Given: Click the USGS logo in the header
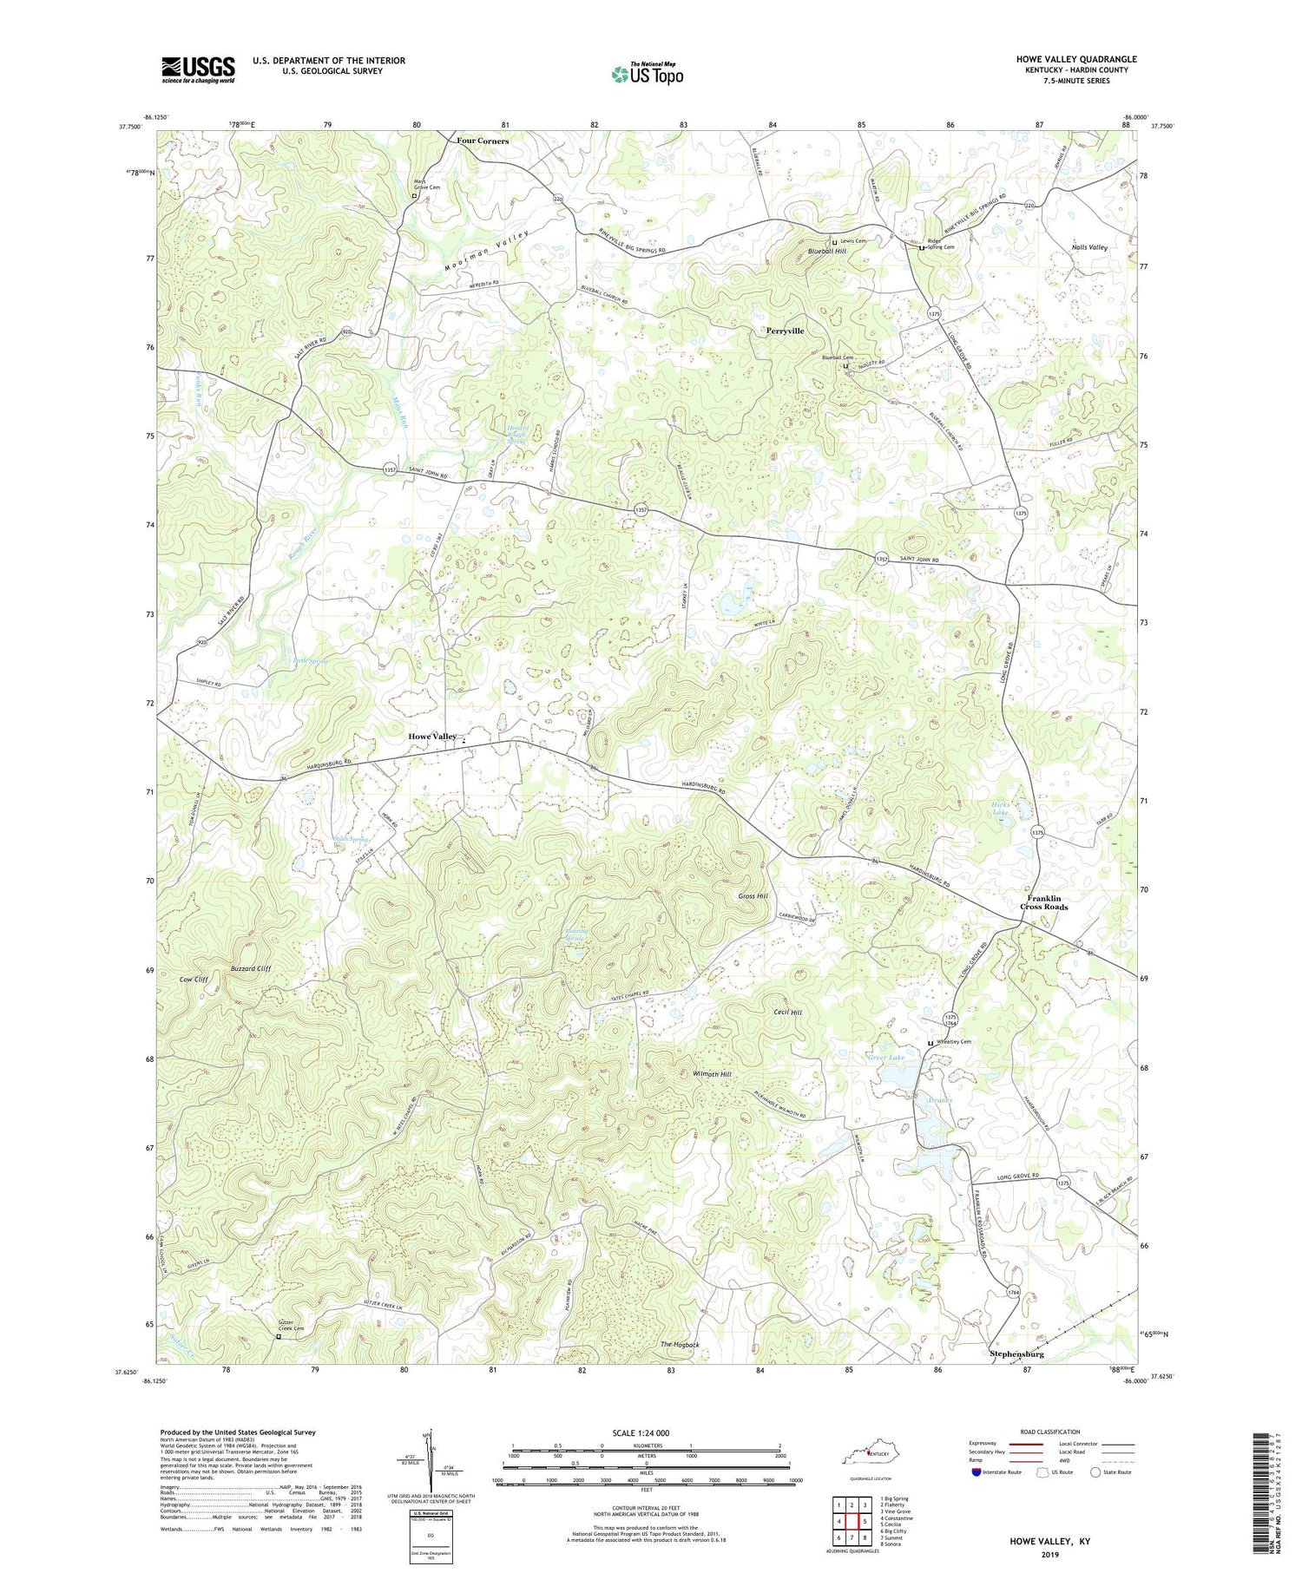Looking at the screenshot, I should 198,69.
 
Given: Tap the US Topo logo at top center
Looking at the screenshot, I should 648,74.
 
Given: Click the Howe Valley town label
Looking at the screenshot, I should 432,736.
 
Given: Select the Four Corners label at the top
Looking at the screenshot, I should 483,140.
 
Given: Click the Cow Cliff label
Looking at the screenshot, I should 194,979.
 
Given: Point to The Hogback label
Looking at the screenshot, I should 680,1344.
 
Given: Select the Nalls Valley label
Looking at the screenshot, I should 1089,247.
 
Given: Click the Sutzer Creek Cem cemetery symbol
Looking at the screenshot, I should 279,1337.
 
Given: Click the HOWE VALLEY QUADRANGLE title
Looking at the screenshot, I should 1075,59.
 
